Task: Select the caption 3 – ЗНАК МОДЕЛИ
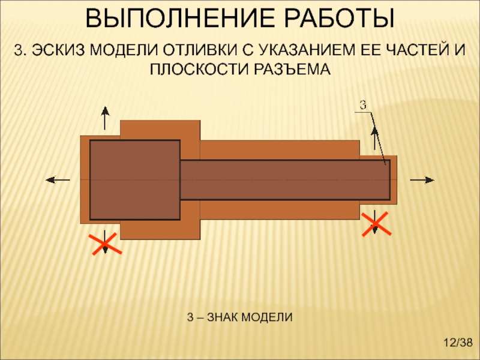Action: point(239,316)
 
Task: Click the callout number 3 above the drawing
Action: point(362,104)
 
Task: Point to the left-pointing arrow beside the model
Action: point(58,179)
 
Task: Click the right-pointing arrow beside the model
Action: point(421,179)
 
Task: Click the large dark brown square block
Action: point(134,179)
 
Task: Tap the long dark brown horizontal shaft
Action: point(285,179)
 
